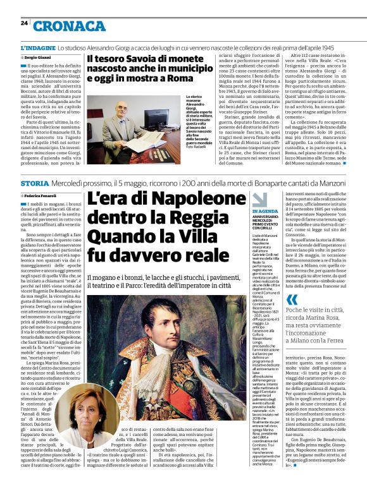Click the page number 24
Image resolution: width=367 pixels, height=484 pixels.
click(24, 23)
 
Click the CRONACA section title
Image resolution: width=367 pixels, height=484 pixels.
click(61, 26)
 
